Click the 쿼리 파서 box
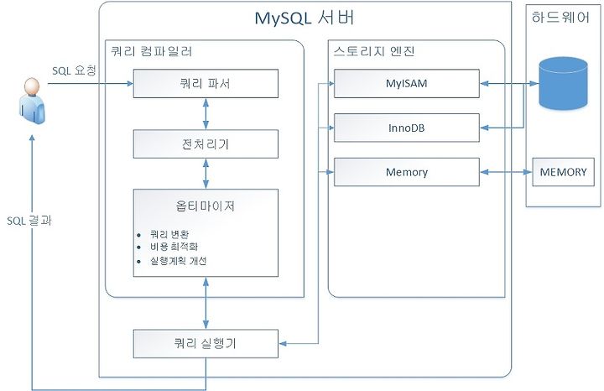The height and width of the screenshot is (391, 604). tap(206, 83)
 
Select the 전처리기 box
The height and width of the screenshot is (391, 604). tap(206, 143)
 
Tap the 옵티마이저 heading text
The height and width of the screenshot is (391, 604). tap(206, 206)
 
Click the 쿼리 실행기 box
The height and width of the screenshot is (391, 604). tap(206, 343)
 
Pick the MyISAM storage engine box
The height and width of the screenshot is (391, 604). tap(406, 83)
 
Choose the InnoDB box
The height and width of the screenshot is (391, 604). tap(406, 128)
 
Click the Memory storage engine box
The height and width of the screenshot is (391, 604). tap(406, 172)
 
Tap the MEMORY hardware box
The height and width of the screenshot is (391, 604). tap(563, 172)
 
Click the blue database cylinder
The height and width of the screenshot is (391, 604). tap(563, 83)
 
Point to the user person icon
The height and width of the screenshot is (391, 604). tap(33, 101)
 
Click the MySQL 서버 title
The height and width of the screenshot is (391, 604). tap(305, 18)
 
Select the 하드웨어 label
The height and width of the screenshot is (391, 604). tap(560, 18)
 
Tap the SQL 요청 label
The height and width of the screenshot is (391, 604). tap(74, 70)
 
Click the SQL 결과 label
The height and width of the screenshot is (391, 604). tap(29, 221)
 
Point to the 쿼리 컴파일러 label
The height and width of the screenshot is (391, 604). tap(151, 51)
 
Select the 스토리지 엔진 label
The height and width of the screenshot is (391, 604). tap(373, 51)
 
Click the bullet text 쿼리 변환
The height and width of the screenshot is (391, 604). tap(169, 234)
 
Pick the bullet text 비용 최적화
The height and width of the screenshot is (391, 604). tap(174, 247)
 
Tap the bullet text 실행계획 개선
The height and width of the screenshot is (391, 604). tap(179, 261)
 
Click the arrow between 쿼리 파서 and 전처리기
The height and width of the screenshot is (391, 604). tap(206, 113)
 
